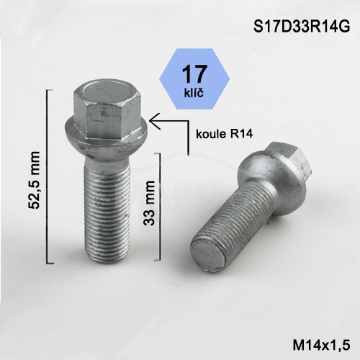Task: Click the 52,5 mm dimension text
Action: [33, 176]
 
